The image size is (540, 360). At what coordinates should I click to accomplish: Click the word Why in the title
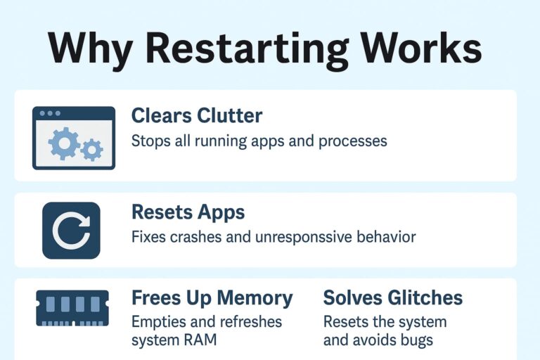click(90, 50)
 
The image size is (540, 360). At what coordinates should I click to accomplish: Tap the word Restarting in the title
click(247, 50)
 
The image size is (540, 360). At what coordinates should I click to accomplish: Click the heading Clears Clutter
click(197, 115)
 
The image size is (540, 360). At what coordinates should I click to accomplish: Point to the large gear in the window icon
click(64, 143)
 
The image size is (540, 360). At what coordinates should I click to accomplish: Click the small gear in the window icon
click(91, 150)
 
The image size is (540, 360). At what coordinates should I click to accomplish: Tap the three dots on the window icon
click(50, 113)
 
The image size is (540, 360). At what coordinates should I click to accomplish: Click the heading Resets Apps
click(188, 212)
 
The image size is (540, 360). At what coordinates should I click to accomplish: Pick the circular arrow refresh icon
click(71, 231)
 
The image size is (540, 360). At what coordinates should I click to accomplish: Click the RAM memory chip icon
click(72, 308)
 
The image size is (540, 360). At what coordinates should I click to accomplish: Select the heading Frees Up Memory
click(212, 297)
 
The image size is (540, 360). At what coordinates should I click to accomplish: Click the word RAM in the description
click(200, 340)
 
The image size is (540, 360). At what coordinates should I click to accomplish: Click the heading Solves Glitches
click(393, 297)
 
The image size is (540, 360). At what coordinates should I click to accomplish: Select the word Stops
click(151, 141)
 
